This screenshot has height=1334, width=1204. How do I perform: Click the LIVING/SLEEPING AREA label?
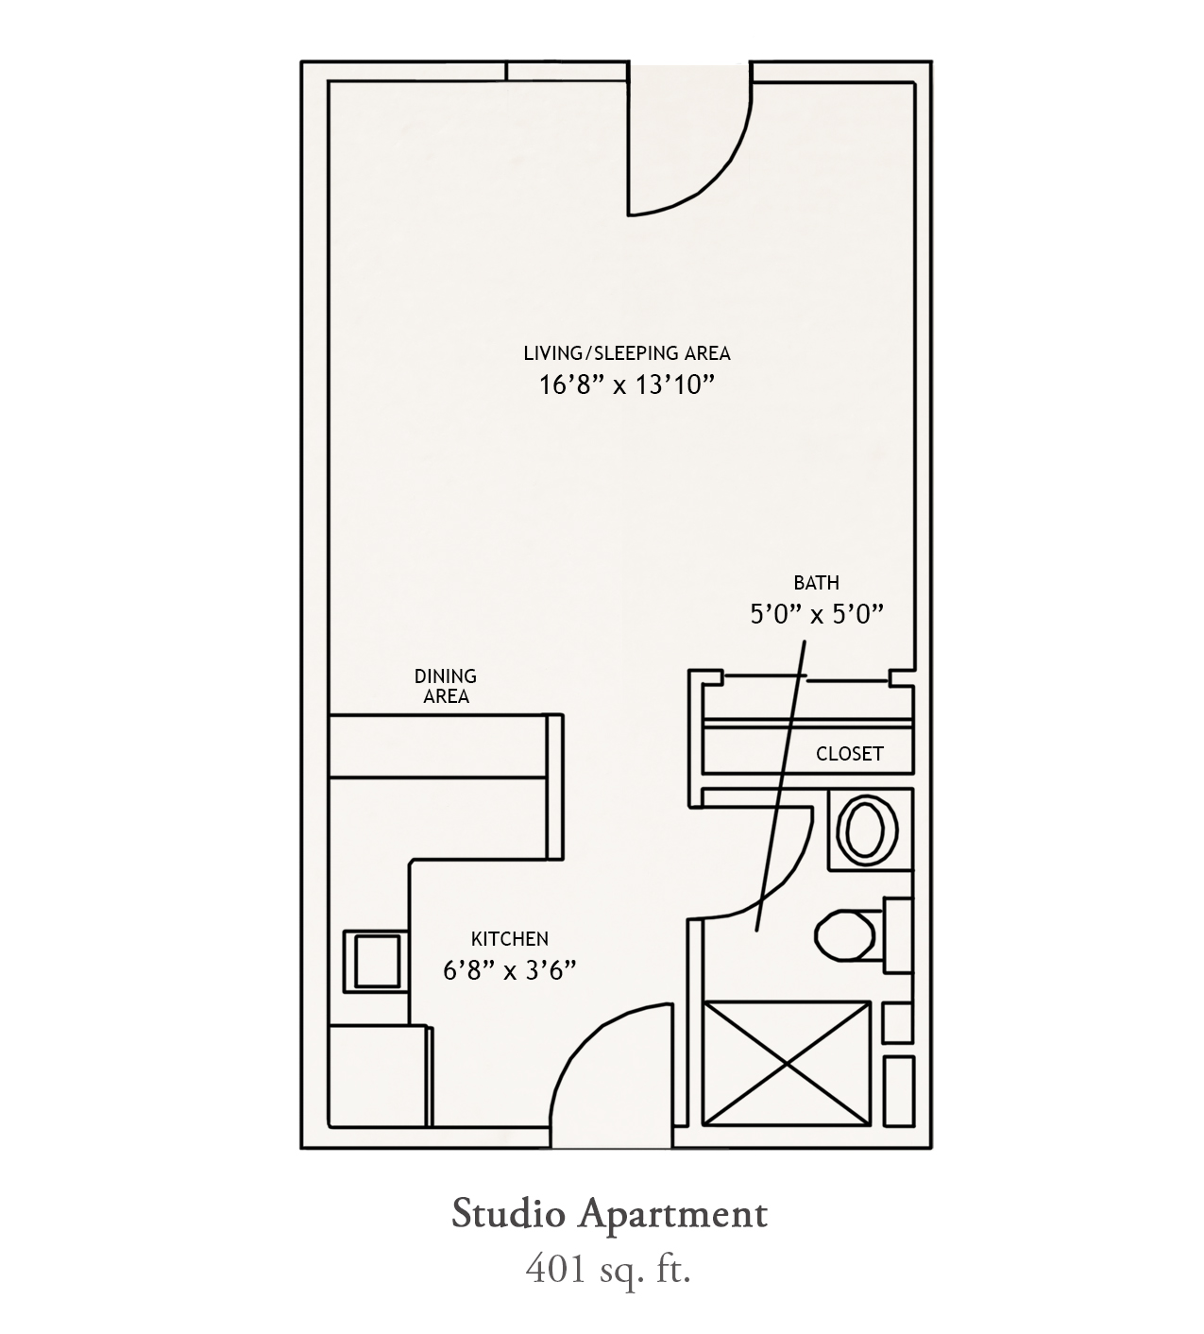[x=627, y=353]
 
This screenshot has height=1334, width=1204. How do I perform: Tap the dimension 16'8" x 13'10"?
[x=626, y=385]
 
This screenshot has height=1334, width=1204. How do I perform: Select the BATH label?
[x=817, y=583]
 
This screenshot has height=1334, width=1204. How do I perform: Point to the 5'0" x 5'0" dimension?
[x=817, y=614]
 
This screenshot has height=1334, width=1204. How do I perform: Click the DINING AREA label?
[x=446, y=686]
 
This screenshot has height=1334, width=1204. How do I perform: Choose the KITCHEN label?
[x=510, y=939]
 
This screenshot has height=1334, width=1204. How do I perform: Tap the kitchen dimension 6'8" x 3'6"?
[x=509, y=971]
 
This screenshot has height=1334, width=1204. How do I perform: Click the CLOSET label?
[x=850, y=754]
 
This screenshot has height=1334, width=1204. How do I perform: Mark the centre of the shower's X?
[x=788, y=1064]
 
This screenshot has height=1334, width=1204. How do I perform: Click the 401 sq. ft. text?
[x=607, y=1269]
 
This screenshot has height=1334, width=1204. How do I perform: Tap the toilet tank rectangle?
[x=897, y=935]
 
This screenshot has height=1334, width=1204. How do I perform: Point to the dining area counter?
[x=439, y=745]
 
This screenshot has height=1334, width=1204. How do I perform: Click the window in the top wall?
[x=568, y=71]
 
